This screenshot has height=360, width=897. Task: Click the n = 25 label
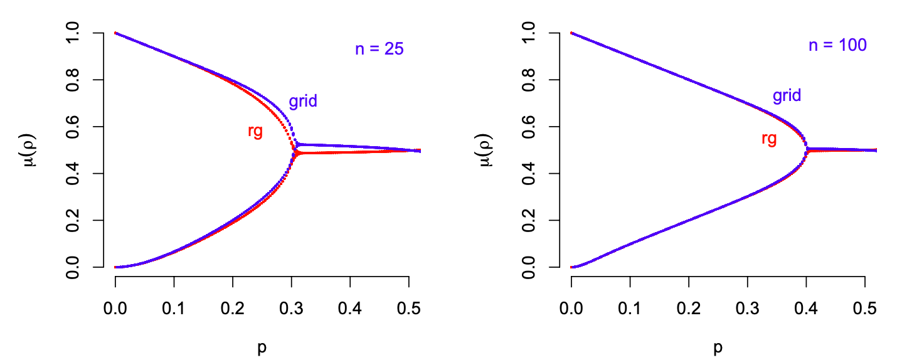[379, 50]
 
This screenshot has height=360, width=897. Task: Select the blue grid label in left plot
[303, 102]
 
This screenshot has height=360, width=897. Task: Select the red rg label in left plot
[255, 131]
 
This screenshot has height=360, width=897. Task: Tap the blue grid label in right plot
[787, 96]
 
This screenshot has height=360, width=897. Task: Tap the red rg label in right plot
[769, 139]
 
